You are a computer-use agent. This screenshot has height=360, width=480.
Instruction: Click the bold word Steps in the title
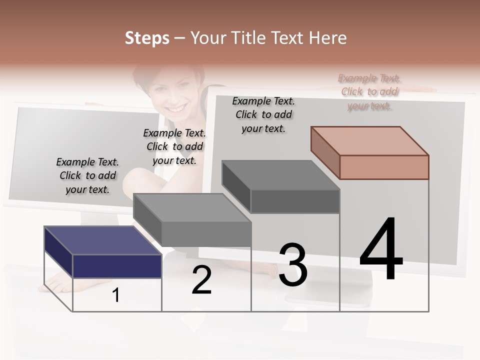pyautogui.click(x=147, y=38)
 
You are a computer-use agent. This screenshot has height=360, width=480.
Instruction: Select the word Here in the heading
pyautogui.click(x=327, y=38)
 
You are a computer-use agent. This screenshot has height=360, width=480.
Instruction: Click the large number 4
pyautogui.click(x=381, y=249)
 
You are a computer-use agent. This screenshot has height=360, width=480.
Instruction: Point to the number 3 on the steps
pyautogui.click(x=293, y=265)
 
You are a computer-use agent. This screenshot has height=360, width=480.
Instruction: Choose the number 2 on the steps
pyautogui.click(x=201, y=280)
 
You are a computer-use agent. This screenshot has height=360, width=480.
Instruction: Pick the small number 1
pyautogui.click(x=116, y=295)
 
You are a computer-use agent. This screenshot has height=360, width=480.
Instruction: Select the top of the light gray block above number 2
pyautogui.click(x=192, y=207)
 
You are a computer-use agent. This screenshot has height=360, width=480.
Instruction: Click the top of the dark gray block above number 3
pyautogui.click(x=280, y=175)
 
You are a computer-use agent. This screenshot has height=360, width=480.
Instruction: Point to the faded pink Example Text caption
pyautogui.click(x=369, y=92)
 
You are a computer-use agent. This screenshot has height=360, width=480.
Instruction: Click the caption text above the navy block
pyautogui.click(x=87, y=175)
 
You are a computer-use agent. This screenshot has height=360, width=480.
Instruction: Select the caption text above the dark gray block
pyautogui.click(x=263, y=114)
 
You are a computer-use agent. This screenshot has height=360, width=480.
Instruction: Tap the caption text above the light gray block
pyautogui.click(x=174, y=146)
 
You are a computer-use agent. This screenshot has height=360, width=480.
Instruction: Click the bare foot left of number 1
pyautogui.click(x=55, y=285)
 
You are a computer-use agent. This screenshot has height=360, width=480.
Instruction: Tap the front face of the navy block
pyautogui.click(x=117, y=266)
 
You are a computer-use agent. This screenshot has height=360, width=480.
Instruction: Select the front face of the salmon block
pyautogui.click(x=384, y=167)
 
